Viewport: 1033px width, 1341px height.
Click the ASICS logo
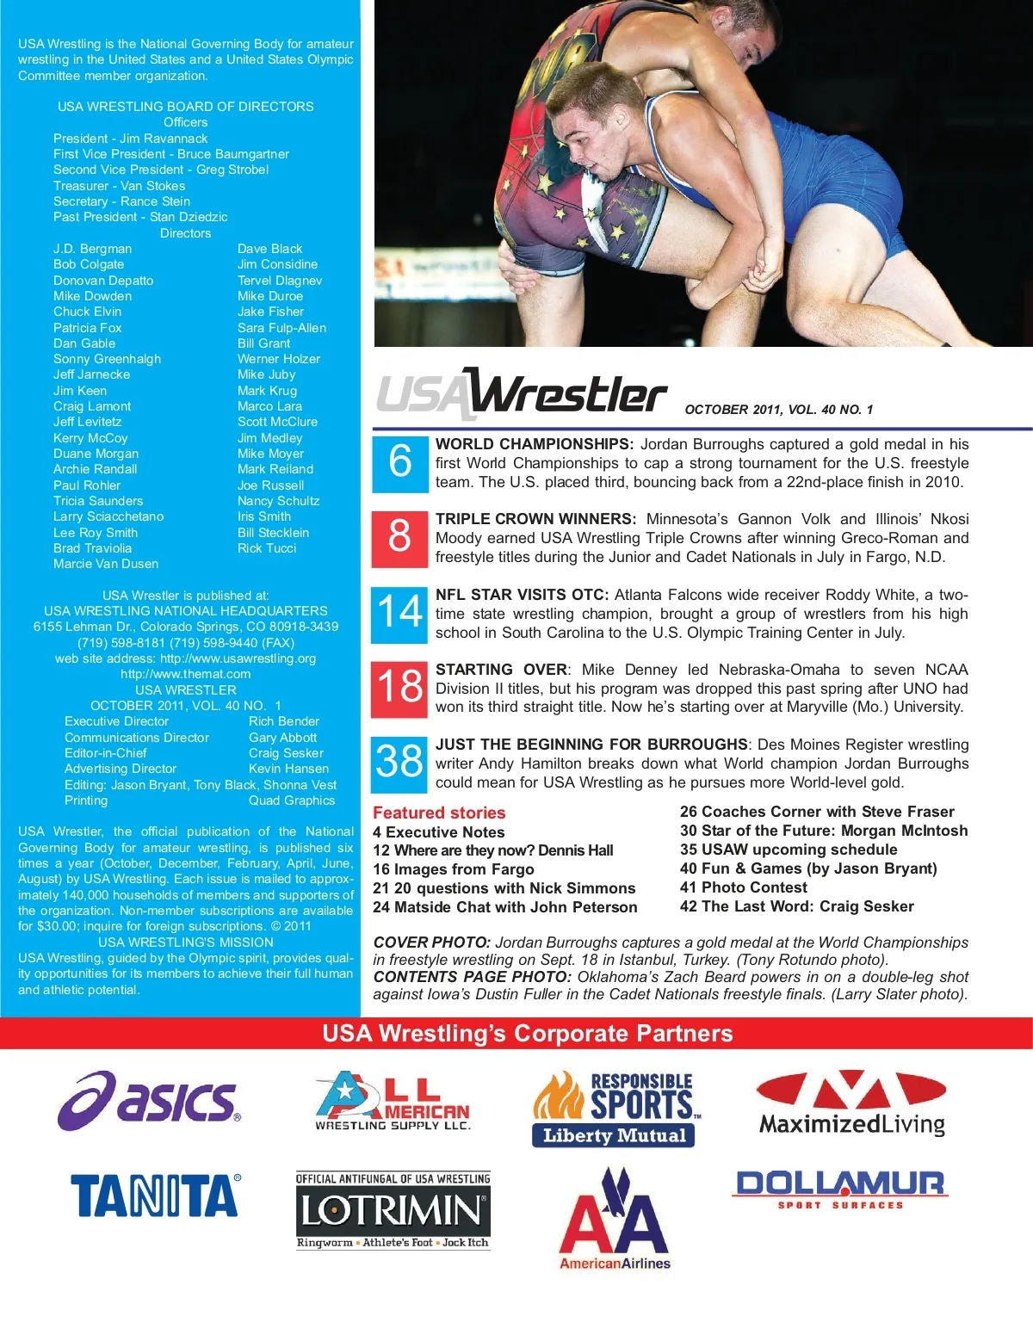(150, 1101)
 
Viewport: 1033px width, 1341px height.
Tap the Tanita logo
(155, 1196)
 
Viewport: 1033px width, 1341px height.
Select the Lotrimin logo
(393, 1210)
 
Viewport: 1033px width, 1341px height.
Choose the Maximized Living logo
(851, 1104)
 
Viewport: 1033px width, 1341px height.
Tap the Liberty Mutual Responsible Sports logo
(614, 1109)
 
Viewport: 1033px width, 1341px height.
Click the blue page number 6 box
(399, 463)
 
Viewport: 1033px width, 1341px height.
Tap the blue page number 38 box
(399, 763)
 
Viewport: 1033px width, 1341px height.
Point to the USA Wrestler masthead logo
(522, 395)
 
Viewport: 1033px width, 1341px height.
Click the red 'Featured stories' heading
(439, 813)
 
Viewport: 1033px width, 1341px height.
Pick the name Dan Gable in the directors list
(84, 343)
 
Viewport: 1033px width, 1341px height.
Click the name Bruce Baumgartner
(233, 154)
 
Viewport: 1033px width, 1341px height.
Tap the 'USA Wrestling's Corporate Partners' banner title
(527, 1034)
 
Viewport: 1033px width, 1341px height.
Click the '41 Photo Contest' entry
(744, 887)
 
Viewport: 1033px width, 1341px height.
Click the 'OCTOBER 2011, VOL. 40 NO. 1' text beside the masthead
(778, 410)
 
